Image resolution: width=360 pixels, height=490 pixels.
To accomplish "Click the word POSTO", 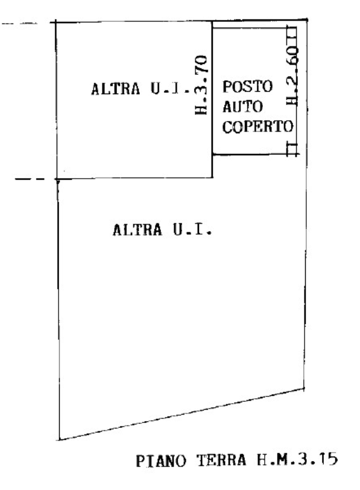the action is click(247, 86).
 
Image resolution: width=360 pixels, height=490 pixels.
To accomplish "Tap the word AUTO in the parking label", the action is click(242, 107).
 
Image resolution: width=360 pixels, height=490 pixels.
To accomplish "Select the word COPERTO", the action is click(258, 127).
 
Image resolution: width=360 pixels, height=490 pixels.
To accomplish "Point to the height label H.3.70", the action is click(201, 85).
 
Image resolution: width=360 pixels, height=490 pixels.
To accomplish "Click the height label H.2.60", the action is click(292, 76).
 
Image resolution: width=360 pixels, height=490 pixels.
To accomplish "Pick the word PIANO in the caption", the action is click(161, 461).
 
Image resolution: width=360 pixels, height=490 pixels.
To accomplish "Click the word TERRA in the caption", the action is click(221, 460).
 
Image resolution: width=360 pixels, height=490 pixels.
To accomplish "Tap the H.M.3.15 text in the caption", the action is click(297, 459).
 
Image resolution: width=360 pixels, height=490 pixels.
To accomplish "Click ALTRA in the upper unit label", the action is click(116, 89).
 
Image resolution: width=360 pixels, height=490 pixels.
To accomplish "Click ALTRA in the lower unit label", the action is click(137, 230).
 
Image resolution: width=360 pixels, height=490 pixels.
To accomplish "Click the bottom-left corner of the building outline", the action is click(59, 440).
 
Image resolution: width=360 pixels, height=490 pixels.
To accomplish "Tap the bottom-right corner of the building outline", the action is click(304, 389).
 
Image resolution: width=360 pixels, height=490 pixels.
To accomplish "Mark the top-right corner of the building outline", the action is click(307, 20).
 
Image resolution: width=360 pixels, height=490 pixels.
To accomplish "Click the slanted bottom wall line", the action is click(182, 415).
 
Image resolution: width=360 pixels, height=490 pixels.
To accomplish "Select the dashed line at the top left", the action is click(19, 23).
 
